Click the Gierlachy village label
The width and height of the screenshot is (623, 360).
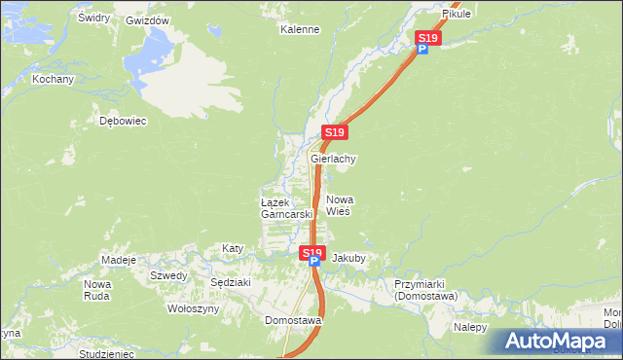(x=333, y=159)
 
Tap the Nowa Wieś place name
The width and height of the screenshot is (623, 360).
(x=338, y=204)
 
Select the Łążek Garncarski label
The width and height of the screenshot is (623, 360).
(x=285, y=207)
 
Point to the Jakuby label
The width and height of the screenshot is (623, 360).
(x=348, y=259)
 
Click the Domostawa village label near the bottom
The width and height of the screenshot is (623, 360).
(x=293, y=319)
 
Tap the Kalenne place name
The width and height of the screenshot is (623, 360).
(x=300, y=29)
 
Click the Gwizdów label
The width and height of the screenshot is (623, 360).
(x=148, y=20)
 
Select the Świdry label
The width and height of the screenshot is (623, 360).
(x=93, y=18)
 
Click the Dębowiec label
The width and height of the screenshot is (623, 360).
(x=123, y=122)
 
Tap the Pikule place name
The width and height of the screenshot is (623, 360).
(x=456, y=15)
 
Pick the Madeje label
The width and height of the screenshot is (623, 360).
(x=119, y=260)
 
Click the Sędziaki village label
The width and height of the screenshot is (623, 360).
(x=231, y=282)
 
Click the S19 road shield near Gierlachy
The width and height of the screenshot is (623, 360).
(x=334, y=132)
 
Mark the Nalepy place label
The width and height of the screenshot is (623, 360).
(x=470, y=327)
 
